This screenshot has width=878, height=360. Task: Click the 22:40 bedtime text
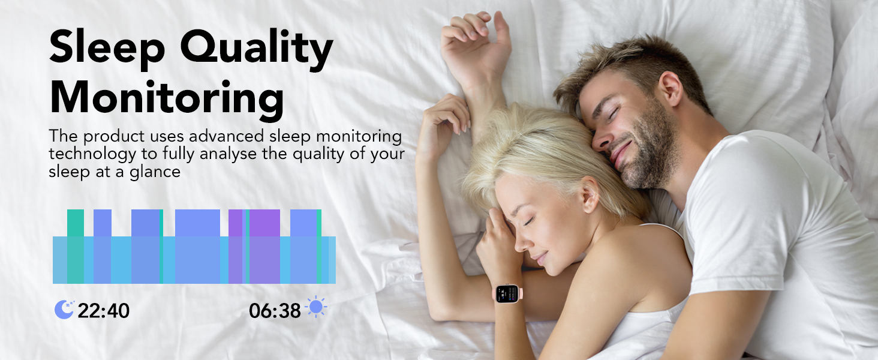click(x=104, y=311)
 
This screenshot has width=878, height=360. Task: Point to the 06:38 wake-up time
click(x=275, y=311)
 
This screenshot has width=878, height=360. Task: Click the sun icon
click(x=316, y=307)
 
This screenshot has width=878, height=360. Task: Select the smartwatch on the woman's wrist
click(x=507, y=294)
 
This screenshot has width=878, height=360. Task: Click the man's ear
click(x=672, y=89)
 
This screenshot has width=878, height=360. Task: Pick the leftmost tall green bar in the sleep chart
click(x=75, y=246)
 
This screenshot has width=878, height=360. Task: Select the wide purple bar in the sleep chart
click(x=264, y=246)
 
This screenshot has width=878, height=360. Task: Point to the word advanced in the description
click(x=226, y=136)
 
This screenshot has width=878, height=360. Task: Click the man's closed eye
click(x=614, y=113)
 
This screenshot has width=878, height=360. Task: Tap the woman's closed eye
click(x=528, y=221)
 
